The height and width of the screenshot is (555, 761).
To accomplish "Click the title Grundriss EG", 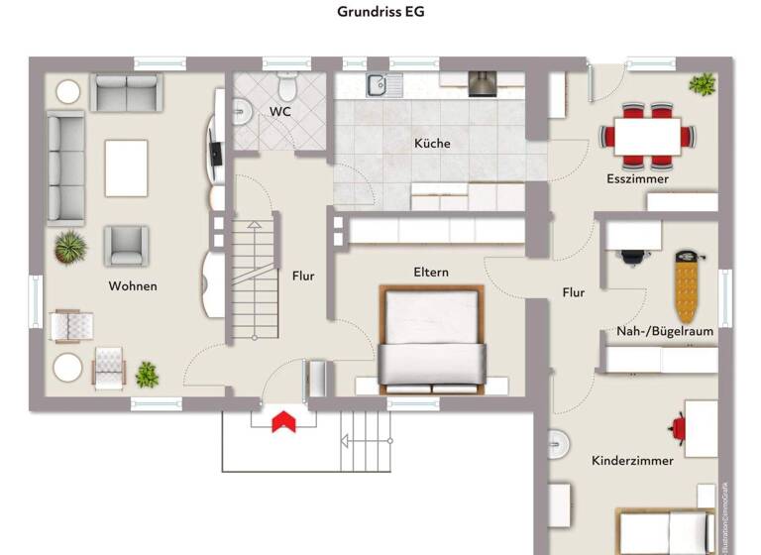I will pos(380,13).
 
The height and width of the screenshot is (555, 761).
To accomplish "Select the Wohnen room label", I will pos(133,286).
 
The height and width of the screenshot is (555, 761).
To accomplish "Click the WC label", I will pos(280,112).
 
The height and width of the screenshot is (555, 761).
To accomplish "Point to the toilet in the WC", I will pos(287,79).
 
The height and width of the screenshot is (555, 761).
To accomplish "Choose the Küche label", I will pos(432,144).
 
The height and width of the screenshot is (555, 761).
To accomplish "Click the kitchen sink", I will pos(379,86).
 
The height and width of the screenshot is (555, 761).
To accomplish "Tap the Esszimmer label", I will pos(637,179).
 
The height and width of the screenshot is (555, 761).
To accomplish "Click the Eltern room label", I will pos(431,272).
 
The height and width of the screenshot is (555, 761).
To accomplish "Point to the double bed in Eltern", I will pos(431,337).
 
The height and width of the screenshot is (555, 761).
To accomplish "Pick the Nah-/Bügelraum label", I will pos(665,331).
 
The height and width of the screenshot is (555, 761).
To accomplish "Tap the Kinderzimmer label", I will pos(632,461).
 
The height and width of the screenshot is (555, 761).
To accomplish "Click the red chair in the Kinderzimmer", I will pos(679,428).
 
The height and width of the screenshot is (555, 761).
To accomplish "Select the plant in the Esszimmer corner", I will pos(702,84).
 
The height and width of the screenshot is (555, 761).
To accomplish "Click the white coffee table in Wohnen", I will pos(126,167).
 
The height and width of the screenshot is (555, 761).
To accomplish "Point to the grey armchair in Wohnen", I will pos(127,245).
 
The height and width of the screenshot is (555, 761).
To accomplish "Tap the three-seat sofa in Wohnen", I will pos(66,166).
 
